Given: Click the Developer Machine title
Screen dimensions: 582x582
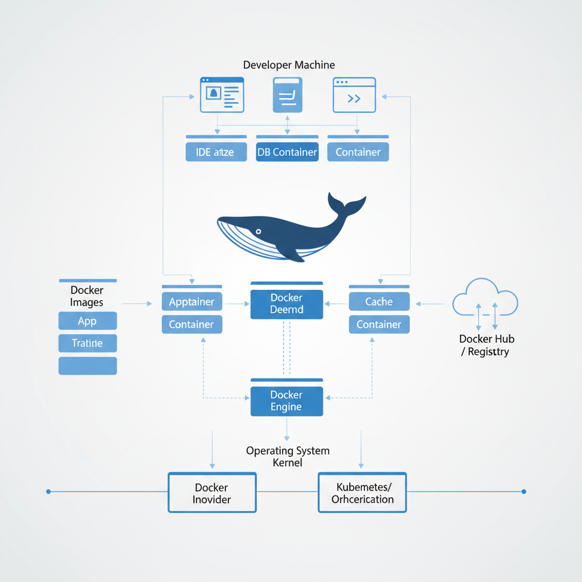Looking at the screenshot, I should (289, 65).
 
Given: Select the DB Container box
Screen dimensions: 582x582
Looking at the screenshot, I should (287, 152).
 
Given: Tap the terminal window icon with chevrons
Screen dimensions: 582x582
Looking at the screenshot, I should (354, 95).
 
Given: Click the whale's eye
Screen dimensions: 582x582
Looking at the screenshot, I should (258, 231).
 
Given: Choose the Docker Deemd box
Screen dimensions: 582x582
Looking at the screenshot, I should (286, 304).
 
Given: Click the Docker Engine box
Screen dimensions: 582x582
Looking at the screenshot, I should (286, 401).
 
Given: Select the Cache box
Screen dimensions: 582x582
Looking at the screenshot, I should (379, 302).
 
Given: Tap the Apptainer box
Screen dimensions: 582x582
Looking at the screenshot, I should (192, 302).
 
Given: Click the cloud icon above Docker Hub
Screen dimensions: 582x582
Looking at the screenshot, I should (485, 298).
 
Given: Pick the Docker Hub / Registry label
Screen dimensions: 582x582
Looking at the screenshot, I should (487, 345).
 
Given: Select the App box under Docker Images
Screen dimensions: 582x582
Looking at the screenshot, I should (88, 321).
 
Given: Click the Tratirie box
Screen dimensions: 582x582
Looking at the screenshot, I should (88, 343).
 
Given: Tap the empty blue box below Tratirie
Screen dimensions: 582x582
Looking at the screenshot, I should (88, 365).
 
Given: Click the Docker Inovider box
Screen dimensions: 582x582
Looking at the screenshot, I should (212, 493).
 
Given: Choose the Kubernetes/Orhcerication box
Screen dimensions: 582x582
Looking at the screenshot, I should (362, 493).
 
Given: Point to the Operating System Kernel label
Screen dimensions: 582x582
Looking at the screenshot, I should (288, 456).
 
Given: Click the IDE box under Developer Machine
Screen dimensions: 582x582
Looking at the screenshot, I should (216, 152).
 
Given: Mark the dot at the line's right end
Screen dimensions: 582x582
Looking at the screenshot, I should (523, 491).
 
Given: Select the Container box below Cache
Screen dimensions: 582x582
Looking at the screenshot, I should (379, 325).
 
